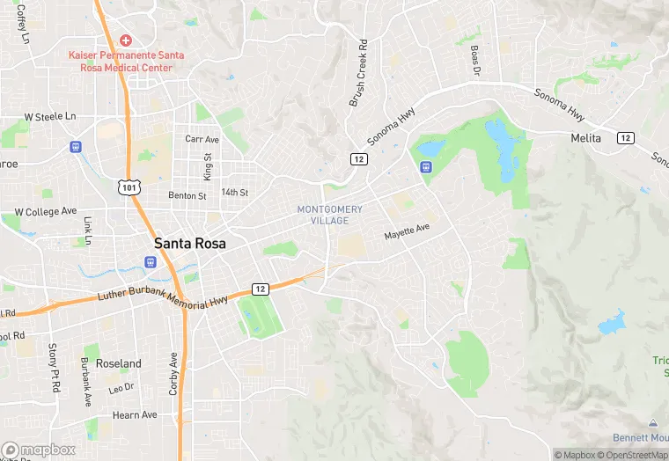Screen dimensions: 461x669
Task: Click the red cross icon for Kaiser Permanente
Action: coord(126,40)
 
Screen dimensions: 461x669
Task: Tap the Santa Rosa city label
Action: coord(190,243)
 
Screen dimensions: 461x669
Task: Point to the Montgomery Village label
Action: coord(329,215)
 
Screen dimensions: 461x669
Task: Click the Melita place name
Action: coord(585,138)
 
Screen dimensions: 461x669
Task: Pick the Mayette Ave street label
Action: coord(407,232)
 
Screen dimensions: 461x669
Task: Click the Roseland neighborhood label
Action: coord(118,363)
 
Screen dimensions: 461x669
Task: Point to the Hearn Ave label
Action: coord(135,414)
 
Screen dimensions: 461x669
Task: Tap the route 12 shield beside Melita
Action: coord(625,138)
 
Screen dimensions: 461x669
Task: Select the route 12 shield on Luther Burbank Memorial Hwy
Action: coord(261,289)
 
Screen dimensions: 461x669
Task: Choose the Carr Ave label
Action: coord(202,139)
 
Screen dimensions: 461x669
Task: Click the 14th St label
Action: coord(235,192)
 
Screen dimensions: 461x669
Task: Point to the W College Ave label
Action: coord(45,212)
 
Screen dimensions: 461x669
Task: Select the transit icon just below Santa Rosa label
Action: coord(151,261)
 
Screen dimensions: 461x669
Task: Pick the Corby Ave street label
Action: coord(173,373)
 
